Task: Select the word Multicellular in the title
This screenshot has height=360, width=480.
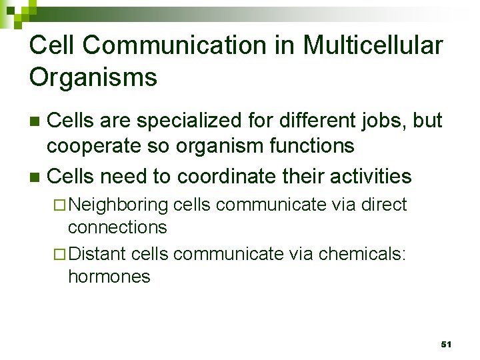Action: (x=373, y=46)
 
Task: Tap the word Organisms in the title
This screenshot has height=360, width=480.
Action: (x=93, y=77)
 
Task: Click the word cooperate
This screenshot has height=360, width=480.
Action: (x=96, y=145)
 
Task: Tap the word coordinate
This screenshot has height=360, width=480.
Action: (x=225, y=177)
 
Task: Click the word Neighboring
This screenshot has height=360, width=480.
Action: (x=118, y=205)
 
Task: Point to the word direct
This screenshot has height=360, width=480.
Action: (x=383, y=204)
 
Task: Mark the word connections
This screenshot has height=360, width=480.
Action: (x=117, y=227)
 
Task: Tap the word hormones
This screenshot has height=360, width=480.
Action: (x=109, y=277)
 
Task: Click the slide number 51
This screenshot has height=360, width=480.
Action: (x=446, y=344)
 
